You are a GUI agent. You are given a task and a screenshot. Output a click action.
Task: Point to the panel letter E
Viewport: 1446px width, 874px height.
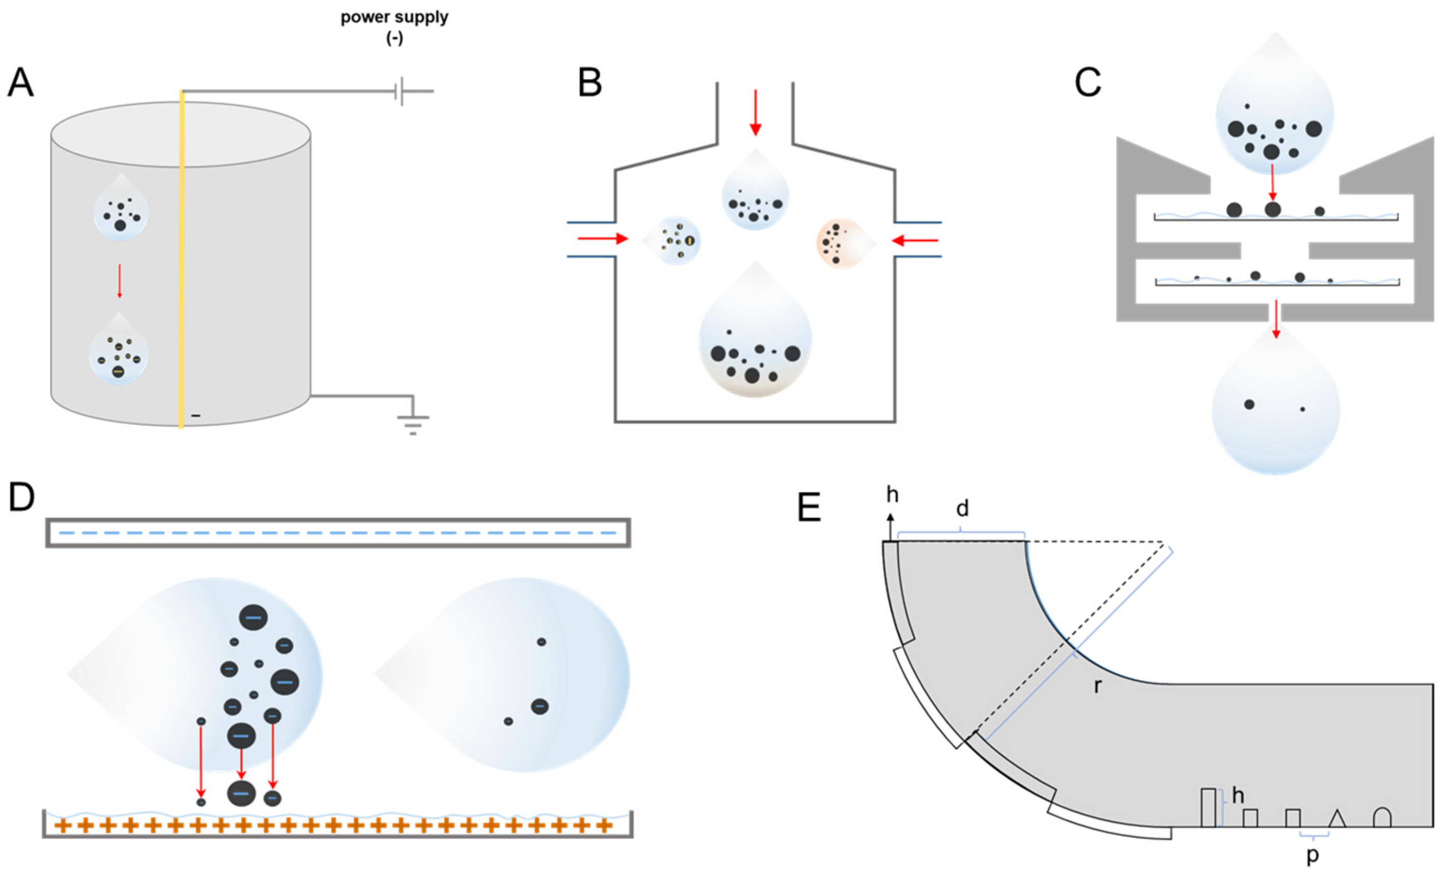point(808,508)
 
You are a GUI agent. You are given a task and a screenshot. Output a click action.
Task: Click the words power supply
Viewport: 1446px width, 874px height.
point(395,18)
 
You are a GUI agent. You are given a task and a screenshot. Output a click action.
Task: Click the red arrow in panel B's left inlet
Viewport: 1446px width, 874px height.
point(603,239)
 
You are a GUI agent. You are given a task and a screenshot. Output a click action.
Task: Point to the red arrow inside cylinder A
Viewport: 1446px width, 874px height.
point(120,281)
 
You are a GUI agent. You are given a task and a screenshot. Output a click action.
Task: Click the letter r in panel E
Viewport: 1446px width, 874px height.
point(1097,685)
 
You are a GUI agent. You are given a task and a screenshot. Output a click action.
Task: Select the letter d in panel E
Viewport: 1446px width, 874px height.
point(962,508)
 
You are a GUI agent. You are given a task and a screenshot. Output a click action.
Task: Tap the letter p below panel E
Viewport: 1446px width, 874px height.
point(1312,856)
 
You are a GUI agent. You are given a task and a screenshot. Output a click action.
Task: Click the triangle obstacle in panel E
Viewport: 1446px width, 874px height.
point(1337,819)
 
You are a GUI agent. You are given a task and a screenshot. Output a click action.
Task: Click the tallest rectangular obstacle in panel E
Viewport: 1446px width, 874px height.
point(1208,807)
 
